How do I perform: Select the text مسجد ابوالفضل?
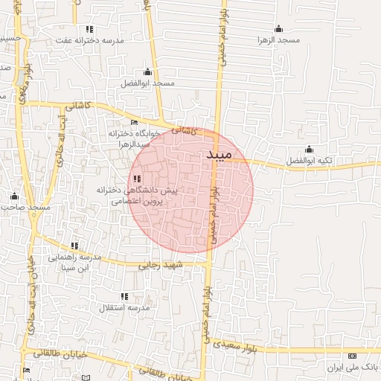pos(147,83)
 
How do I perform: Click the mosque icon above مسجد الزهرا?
pos(279,28)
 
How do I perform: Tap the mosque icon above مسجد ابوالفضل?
pos(147,72)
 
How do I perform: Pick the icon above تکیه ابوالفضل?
pos(309,150)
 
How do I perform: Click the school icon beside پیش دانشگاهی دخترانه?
pos(138,179)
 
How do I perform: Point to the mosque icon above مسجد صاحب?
pos(13,196)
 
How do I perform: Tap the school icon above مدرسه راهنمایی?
pos(74,246)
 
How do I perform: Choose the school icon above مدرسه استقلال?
pos(124,296)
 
